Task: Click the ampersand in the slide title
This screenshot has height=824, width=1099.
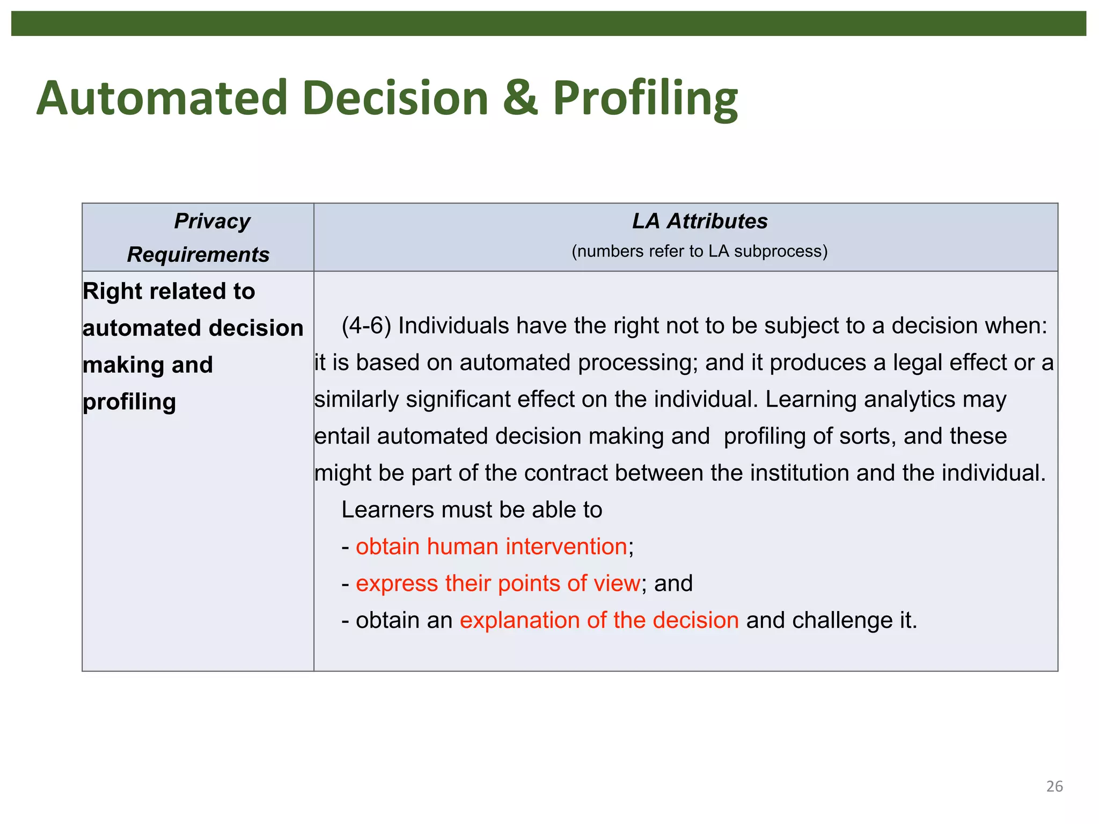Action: coord(520,98)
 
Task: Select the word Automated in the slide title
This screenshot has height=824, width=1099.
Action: coord(162,98)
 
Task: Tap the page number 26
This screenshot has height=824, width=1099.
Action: coord(1054,786)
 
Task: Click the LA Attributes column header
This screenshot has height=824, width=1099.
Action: coord(699,222)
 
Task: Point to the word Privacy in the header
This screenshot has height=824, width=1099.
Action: coord(212,222)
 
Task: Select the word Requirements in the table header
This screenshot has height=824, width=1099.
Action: coord(198,255)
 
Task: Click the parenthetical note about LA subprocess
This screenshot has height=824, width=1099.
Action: coord(699,251)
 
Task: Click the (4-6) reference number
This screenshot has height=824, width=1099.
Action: coord(366,326)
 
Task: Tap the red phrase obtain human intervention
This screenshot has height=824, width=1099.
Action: coord(491,547)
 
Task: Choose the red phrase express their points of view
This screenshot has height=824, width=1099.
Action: coord(497,584)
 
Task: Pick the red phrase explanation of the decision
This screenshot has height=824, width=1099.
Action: coord(599,621)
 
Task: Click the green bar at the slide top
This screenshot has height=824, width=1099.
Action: coord(548,24)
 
